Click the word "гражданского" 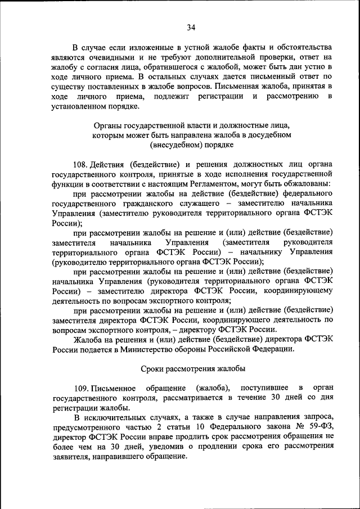[x=132, y=203]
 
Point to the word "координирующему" [x=298, y=291]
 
